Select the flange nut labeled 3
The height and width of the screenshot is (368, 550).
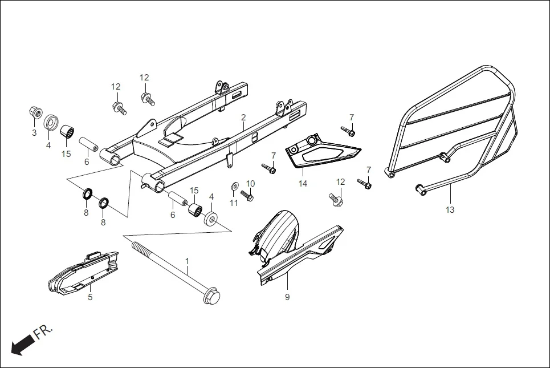tap(35, 111)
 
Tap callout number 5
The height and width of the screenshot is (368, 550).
tap(90, 297)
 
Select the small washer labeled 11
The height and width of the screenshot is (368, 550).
tap(234, 187)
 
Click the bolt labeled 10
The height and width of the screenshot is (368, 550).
tap(247, 196)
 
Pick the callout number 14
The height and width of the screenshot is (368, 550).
tap(303, 184)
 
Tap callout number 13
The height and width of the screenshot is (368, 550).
tap(450, 210)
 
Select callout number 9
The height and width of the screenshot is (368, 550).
tap(287, 297)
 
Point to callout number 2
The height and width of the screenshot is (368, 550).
tap(243, 117)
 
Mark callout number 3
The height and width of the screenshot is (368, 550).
tap(34, 133)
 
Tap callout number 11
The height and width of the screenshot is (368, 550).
tap(234, 203)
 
